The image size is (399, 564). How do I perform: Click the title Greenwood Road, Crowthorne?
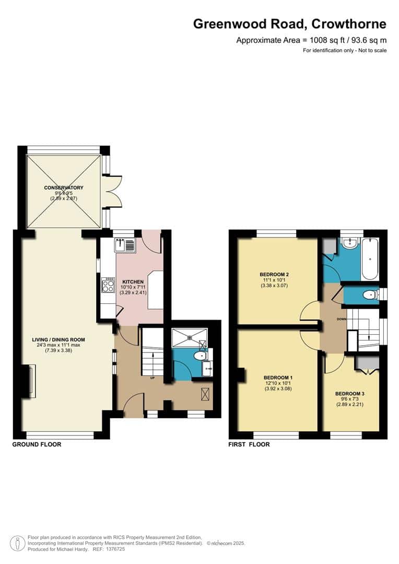(290, 23)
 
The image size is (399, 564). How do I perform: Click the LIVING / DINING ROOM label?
(58, 339)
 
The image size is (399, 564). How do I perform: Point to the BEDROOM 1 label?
(276, 378)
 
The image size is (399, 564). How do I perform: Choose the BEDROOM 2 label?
(274, 274)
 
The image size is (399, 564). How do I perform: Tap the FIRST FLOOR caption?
(249, 444)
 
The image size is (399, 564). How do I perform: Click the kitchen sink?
(125, 244)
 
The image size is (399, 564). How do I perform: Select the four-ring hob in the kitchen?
(109, 285)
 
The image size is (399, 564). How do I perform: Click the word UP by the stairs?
(152, 378)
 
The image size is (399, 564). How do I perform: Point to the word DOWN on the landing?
(342, 319)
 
